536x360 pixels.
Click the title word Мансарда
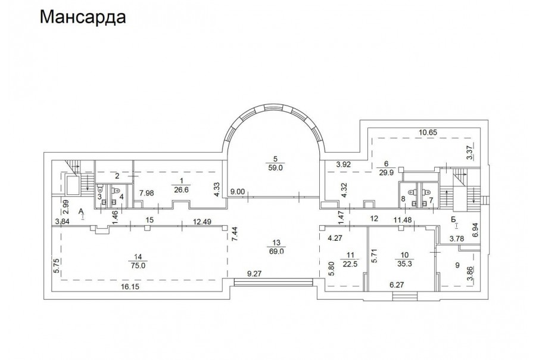(83, 17)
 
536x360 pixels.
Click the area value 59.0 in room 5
(276, 168)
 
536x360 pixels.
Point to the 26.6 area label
(181, 190)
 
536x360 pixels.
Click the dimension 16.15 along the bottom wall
(130, 287)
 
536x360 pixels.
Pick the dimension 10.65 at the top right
(428, 132)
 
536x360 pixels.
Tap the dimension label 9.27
(255, 274)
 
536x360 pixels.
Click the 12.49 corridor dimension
(202, 221)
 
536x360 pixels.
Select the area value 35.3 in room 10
(404, 263)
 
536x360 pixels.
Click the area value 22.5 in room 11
(350, 263)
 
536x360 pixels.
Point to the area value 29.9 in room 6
(386, 173)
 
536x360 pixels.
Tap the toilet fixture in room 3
(100, 188)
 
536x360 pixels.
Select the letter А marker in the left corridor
(81, 211)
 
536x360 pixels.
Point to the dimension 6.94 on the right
(475, 231)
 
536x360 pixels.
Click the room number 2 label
(117, 176)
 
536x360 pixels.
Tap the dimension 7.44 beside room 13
(235, 234)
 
